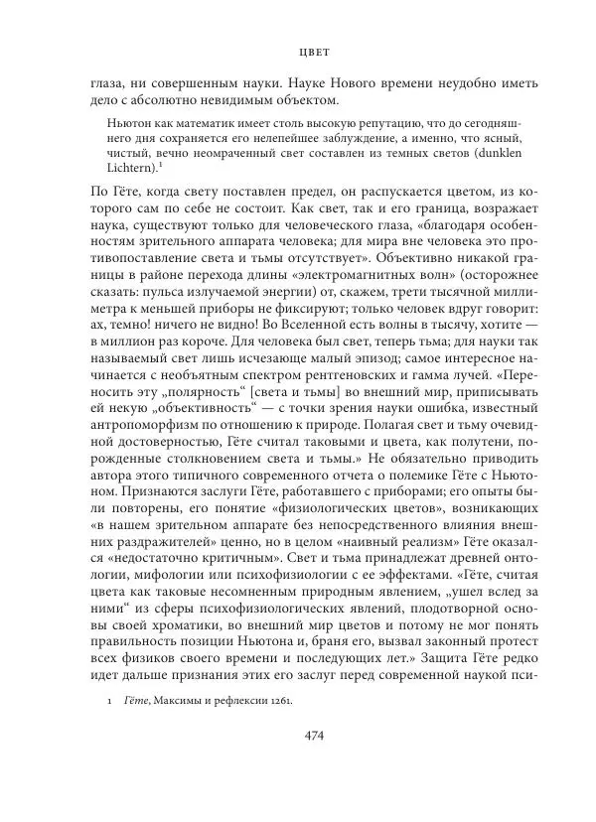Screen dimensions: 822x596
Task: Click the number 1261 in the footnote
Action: point(279,725)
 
